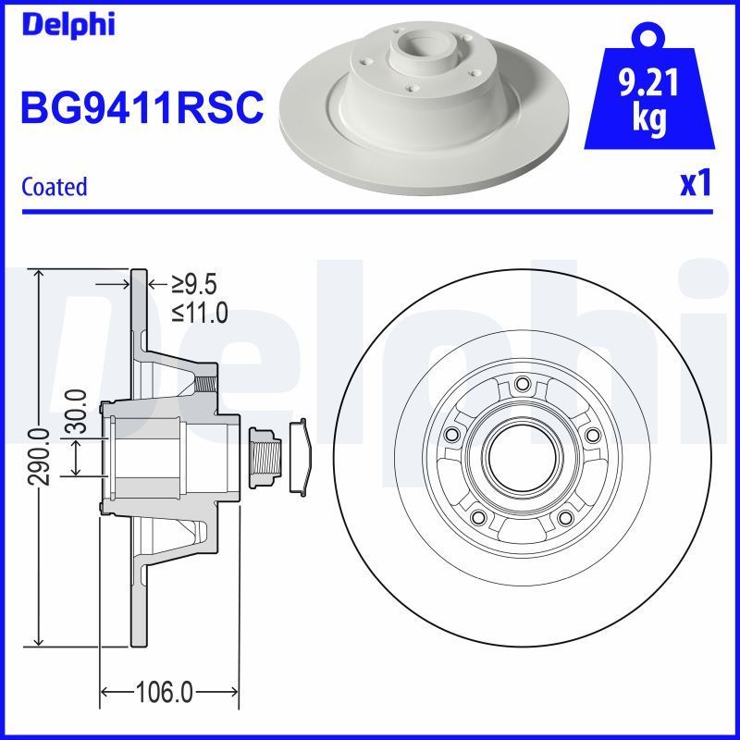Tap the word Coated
tap(54, 186)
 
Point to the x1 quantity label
tap(695, 184)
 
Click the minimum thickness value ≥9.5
tap(194, 285)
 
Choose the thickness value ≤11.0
tap(200, 313)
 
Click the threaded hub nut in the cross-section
tap(265, 457)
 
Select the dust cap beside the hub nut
tap(302, 457)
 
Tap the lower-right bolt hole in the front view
tap(563, 517)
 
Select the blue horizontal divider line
tap(370, 212)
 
